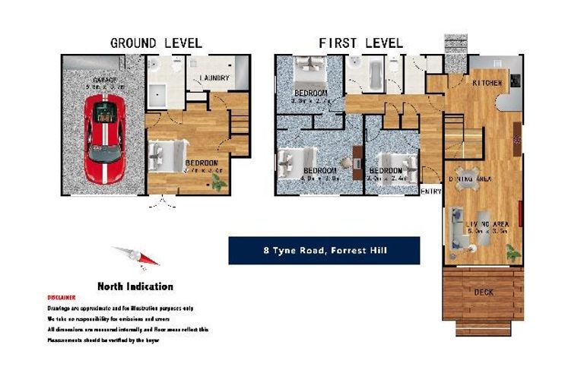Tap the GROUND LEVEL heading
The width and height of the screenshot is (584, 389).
point(156,43)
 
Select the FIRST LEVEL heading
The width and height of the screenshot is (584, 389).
point(360,43)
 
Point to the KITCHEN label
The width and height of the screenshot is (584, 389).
point(487,82)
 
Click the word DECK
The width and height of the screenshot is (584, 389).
point(484,292)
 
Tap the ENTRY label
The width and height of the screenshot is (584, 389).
point(430,191)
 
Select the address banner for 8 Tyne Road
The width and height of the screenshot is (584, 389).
point(324,251)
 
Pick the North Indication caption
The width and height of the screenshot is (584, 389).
point(135,286)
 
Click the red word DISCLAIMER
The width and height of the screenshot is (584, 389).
point(62,298)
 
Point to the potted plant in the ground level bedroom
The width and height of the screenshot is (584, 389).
point(220,183)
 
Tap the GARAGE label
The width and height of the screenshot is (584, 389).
point(104,80)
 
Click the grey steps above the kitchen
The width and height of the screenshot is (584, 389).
point(455,43)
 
